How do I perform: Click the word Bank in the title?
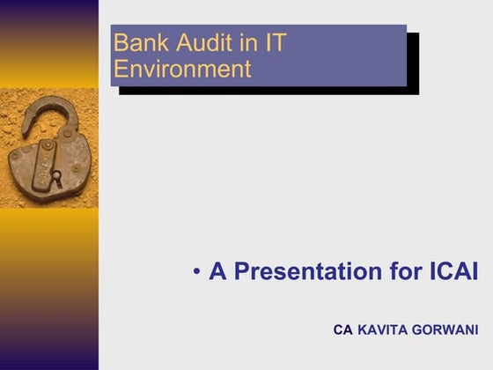tap(137, 42)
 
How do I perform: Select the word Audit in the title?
tap(196, 42)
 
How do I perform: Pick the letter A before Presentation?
tap(217, 272)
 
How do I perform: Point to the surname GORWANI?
tap(446, 330)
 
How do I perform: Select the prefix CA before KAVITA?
tap(342, 330)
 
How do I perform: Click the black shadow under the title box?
tap(264, 91)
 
